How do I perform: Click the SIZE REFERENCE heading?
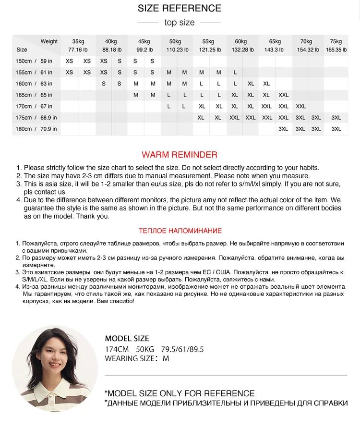[180, 8]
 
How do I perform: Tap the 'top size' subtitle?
[180, 23]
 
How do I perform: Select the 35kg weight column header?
[78, 41]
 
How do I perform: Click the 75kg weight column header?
[336, 41]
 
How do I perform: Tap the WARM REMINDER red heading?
[180, 155]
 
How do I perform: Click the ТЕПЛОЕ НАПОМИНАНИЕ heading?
[180, 231]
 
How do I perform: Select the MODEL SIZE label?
[127, 339]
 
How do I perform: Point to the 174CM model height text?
[117, 349]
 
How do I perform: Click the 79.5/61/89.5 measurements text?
[182, 349]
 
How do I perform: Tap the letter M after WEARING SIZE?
[166, 358]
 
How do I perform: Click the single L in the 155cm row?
[235, 73]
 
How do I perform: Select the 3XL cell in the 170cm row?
[300, 107]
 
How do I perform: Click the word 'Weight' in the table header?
[49, 41]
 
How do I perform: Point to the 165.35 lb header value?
[336, 49]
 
